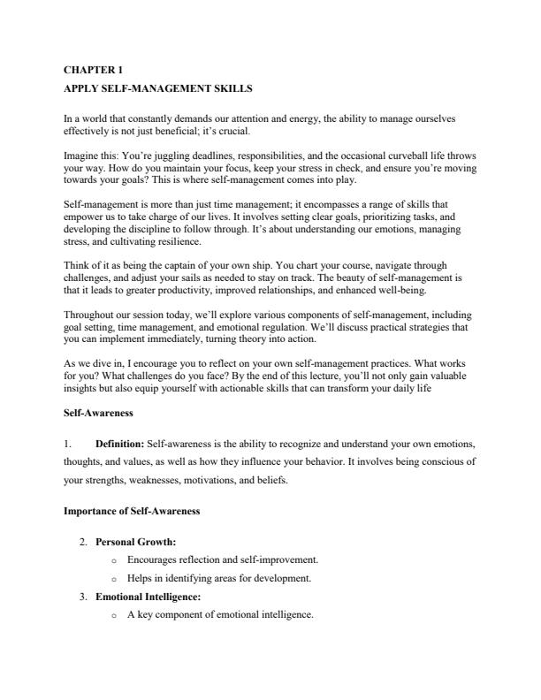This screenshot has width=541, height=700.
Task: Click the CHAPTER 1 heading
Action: pos(93,69)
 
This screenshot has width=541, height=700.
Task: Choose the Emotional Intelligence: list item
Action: pos(148,597)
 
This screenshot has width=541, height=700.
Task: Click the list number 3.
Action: pos(83,597)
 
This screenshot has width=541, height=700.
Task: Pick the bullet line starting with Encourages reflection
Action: pos(222,559)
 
